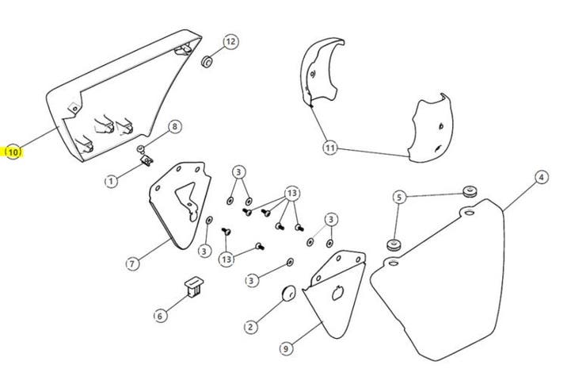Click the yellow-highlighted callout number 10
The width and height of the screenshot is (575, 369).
pyautogui.click(x=13, y=152)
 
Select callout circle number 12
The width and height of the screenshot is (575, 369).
pyautogui.click(x=230, y=41)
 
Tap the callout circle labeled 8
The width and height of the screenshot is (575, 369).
pyautogui.click(x=175, y=127)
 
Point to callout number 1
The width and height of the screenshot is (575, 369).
pyautogui.click(x=111, y=181)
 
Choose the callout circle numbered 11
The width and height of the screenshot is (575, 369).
pyautogui.click(x=330, y=148)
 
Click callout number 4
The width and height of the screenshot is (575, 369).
pyautogui.click(x=541, y=178)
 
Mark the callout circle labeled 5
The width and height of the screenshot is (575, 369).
pyautogui.click(x=399, y=198)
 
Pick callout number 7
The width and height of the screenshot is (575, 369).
pyautogui.click(x=132, y=263)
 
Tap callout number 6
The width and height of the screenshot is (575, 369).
pyautogui.click(x=160, y=316)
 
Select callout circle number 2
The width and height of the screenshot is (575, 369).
pyautogui.click(x=251, y=327)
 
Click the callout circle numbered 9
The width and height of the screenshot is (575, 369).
pyautogui.click(x=287, y=348)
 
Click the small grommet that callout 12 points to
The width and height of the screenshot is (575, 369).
pyautogui.click(x=208, y=61)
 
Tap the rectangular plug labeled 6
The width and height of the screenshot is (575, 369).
pyautogui.click(x=194, y=286)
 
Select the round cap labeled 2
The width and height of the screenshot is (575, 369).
pyautogui.click(x=287, y=294)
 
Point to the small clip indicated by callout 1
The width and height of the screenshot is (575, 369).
pyautogui.click(x=147, y=160)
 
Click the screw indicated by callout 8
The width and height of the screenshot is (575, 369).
pyautogui.click(x=140, y=149)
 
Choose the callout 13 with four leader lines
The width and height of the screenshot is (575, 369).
pyautogui.click(x=292, y=194)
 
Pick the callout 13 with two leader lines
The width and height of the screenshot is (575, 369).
pyautogui.click(x=227, y=259)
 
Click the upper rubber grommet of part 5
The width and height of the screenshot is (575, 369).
pyautogui.click(x=469, y=191)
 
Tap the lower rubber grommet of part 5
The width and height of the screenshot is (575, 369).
pyautogui.click(x=394, y=244)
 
